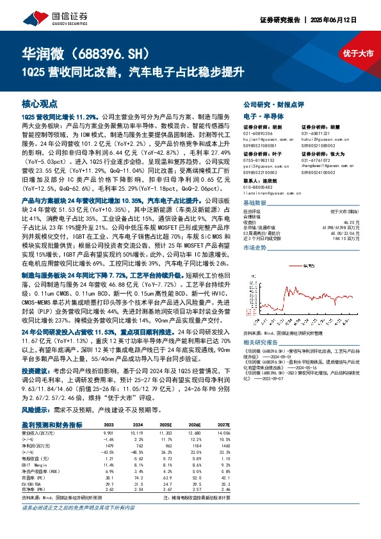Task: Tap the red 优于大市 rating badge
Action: [x=357, y=54]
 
